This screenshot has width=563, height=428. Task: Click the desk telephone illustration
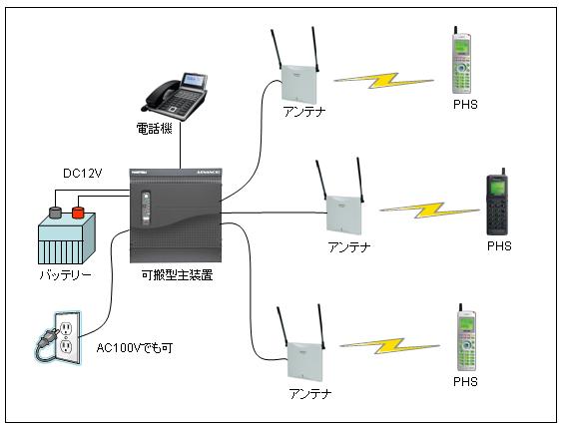pos(175,96)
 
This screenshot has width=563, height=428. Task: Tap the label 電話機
pos(154,129)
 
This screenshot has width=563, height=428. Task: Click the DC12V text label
pos(82,174)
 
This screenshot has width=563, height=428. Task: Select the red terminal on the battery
pos(78,212)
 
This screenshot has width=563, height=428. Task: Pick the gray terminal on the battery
pos(55,213)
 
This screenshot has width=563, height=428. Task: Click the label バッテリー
pos(65,275)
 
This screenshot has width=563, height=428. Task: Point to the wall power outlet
pos(67,337)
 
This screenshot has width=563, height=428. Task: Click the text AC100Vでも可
pos(135,347)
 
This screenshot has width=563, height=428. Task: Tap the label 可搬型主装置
pos(177,275)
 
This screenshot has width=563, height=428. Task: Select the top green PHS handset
pos(461,60)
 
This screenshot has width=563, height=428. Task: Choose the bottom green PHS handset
pos(466,337)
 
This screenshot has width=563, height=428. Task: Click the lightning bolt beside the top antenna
pos(383,81)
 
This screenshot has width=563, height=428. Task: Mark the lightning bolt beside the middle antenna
pos(429,211)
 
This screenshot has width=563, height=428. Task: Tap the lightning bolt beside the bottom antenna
pos(389,346)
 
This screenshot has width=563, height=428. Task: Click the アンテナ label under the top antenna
pos(304,112)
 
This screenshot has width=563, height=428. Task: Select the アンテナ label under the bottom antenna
pos(310,393)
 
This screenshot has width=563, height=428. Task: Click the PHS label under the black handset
pos(499,246)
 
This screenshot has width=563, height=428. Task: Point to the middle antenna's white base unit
pos(343,215)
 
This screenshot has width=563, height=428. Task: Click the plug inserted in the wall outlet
pos(48,340)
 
